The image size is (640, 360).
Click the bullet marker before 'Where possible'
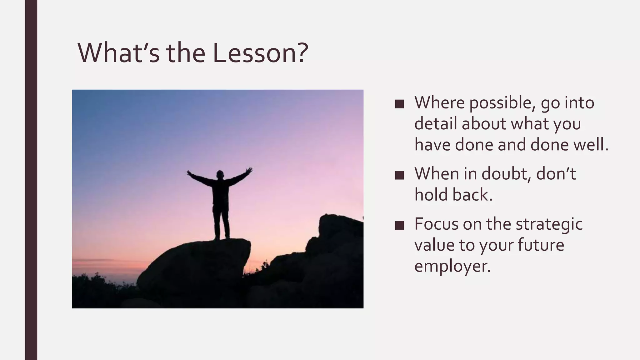[399, 104]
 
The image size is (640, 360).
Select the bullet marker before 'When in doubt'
[399, 175]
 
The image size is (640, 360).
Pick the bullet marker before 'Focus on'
[399, 225]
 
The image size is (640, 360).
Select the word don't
[556, 174]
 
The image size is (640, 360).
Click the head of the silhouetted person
[220, 174]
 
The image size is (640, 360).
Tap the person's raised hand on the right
[249, 171]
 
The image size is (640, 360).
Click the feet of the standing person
[222, 237]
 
